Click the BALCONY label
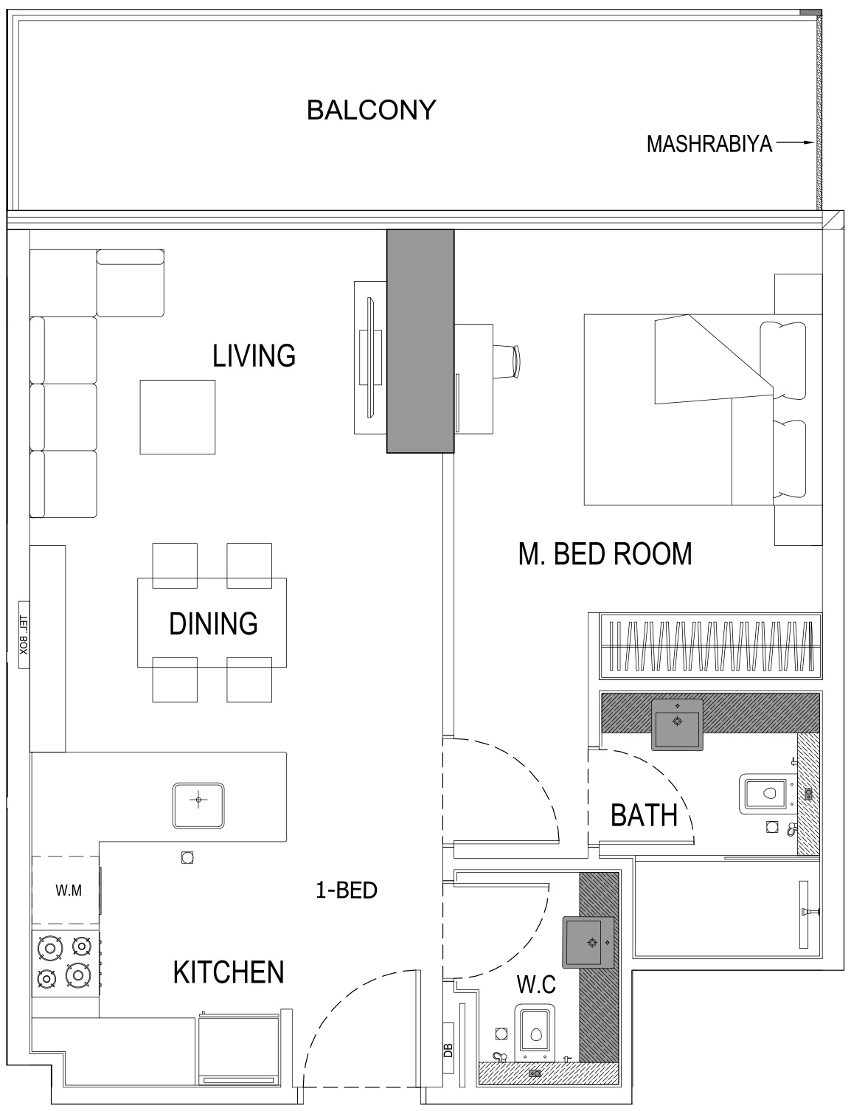[x=371, y=111]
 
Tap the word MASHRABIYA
[x=709, y=144]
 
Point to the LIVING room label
[x=254, y=356]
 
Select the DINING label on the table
[x=213, y=623]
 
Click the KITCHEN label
[x=228, y=972]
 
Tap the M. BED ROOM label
[x=605, y=553]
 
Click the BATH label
[x=644, y=816]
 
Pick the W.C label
[x=535, y=984]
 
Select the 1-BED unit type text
[x=346, y=890]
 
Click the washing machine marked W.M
[x=67, y=890]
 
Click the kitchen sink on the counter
[x=198, y=804]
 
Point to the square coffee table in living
[x=178, y=417]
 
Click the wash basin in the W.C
[x=589, y=942]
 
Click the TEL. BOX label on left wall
[x=23, y=635]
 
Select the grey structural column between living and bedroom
[x=420, y=340]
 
